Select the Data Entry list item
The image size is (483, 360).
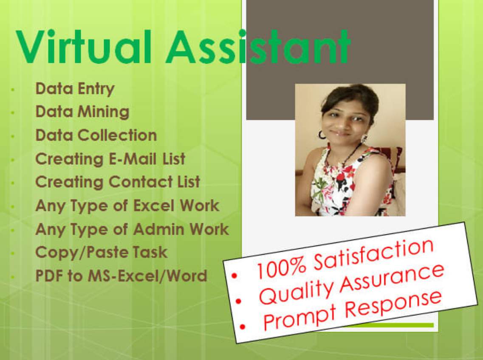[75, 89]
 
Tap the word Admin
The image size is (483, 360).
[159, 229]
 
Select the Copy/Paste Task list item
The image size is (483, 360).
[101, 252]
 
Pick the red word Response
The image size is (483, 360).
[393, 304]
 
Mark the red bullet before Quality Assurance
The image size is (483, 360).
[239, 301]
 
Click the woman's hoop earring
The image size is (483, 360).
[322, 135]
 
